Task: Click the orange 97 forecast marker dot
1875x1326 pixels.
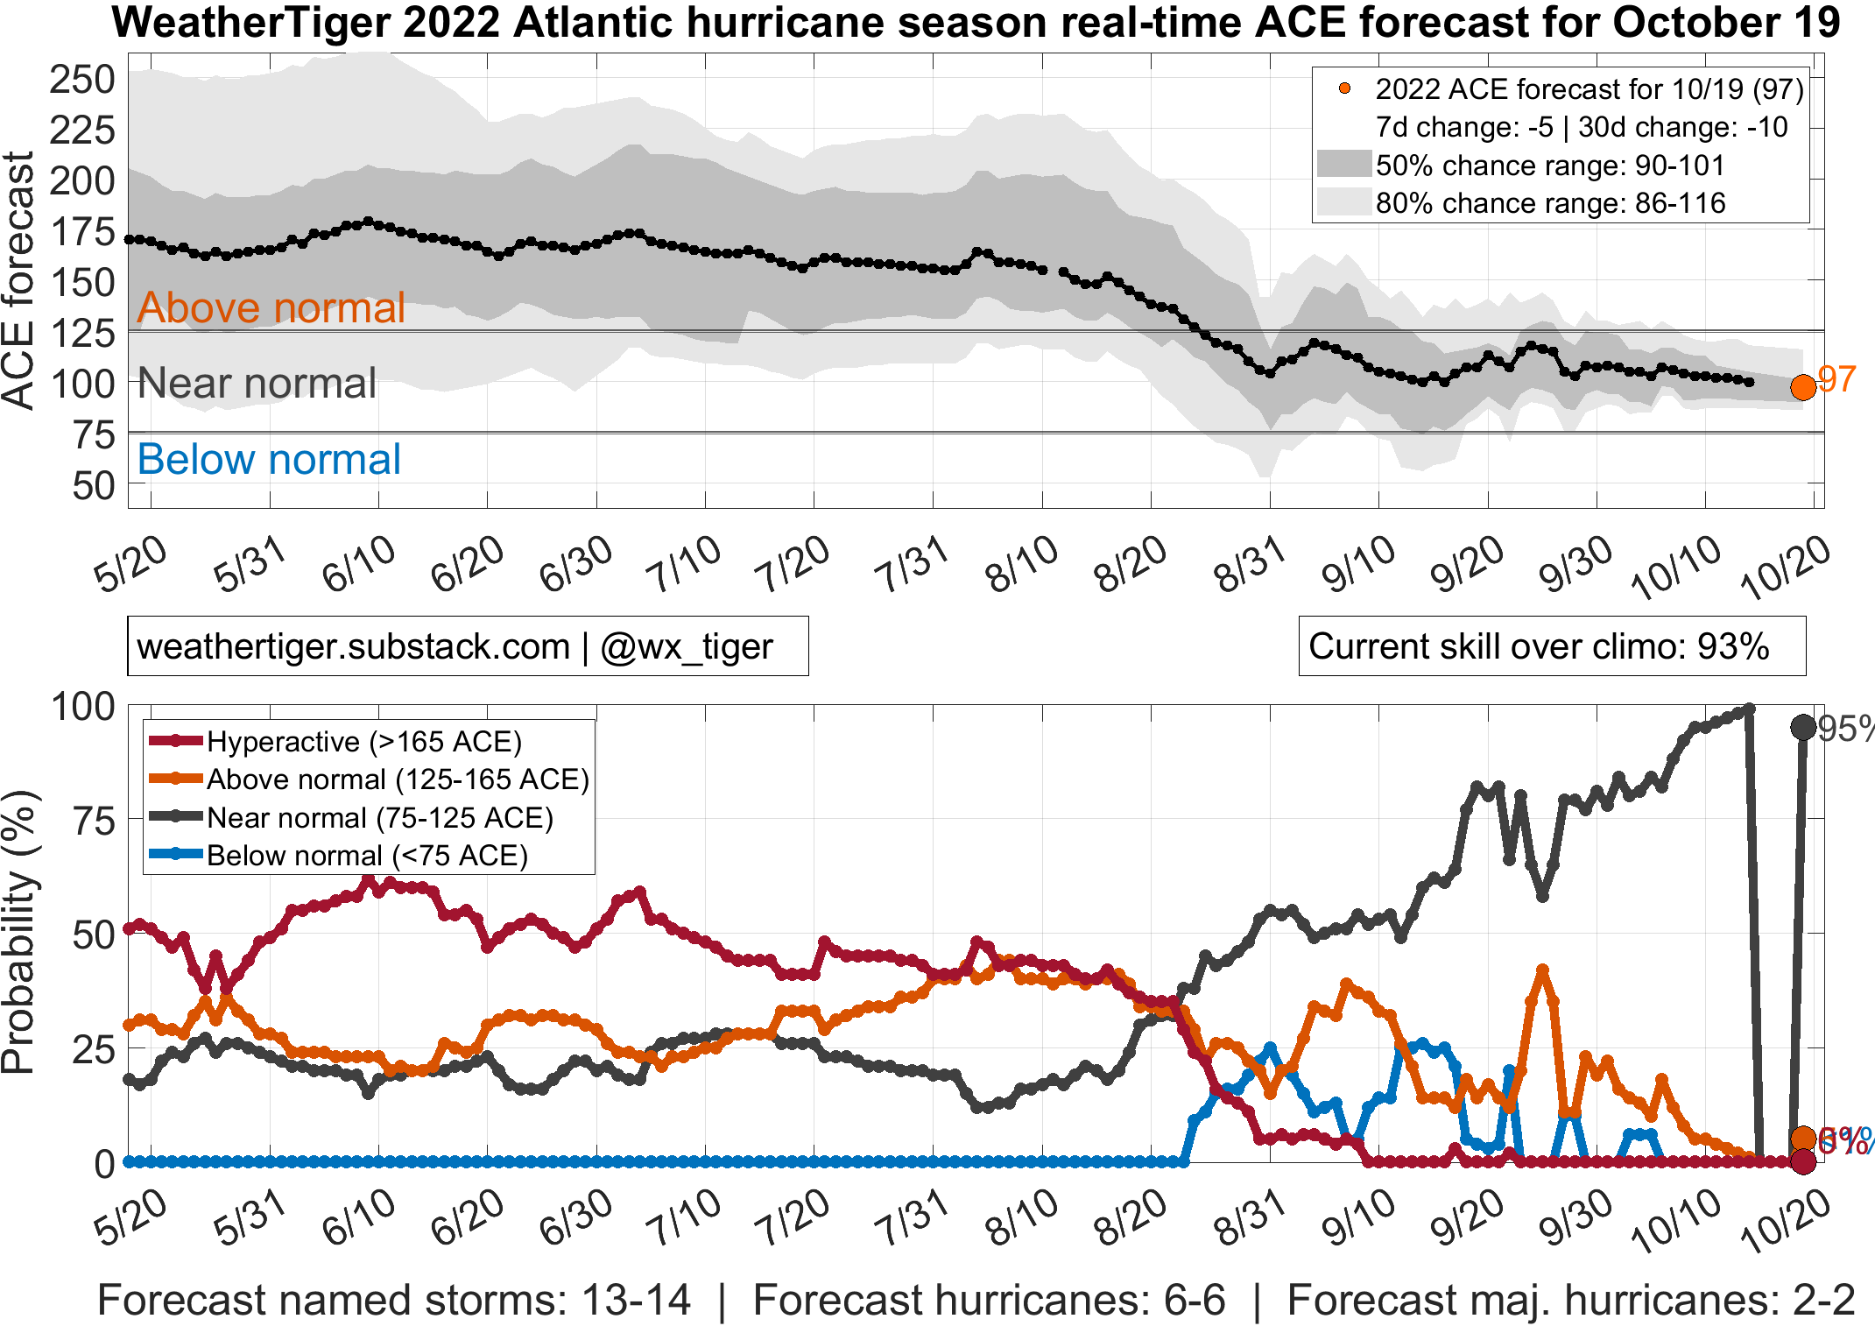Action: (x=1802, y=387)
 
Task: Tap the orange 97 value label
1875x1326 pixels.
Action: (x=1836, y=379)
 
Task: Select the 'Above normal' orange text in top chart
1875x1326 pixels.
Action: (x=271, y=307)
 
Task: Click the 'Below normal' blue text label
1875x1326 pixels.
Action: (x=269, y=459)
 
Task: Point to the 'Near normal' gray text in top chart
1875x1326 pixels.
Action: (x=257, y=383)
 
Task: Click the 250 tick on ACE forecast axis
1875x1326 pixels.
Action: (x=82, y=80)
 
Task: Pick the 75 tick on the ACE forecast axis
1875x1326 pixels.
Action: (x=93, y=434)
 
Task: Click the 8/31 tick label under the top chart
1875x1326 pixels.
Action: (x=1249, y=564)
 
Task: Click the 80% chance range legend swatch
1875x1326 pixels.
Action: (x=1343, y=202)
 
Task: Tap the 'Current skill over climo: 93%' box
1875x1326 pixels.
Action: (x=1551, y=646)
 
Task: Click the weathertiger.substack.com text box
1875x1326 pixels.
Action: (x=467, y=646)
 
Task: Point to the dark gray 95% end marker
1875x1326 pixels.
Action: (x=1802, y=727)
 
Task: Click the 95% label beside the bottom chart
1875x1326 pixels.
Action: (x=1844, y=729)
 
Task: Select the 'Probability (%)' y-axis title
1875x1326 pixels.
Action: (x=19, y=932)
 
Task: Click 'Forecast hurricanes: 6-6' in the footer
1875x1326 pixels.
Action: (x=989, y=1300)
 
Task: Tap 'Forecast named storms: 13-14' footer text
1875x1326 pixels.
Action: (x=393, y=1300)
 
